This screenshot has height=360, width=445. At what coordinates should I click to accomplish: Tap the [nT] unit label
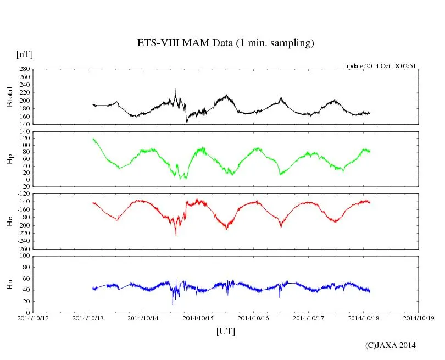coord(24,54)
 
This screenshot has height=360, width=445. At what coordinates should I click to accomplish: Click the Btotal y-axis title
coord(9,97)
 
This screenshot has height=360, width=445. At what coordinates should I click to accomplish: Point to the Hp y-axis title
coord(9,159)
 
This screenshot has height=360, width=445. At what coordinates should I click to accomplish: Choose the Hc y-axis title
coord(9,221)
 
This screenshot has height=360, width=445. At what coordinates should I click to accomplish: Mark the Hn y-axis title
coord(9,284)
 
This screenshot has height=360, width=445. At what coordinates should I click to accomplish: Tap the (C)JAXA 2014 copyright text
coord(390,345)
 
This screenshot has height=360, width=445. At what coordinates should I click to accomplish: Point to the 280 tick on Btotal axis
coord(24,69)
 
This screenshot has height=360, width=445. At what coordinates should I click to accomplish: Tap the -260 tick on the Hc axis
coord(22,248)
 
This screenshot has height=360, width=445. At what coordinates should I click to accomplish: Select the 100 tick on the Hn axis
coord(24,256)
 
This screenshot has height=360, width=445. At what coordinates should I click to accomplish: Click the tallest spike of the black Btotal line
coord(176,88)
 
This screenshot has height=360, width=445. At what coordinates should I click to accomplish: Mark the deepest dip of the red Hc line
coord(176,235)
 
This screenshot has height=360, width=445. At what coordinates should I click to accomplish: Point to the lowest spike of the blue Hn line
coord(173,304)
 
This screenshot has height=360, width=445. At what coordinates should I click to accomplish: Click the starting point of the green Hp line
coord(93,139)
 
